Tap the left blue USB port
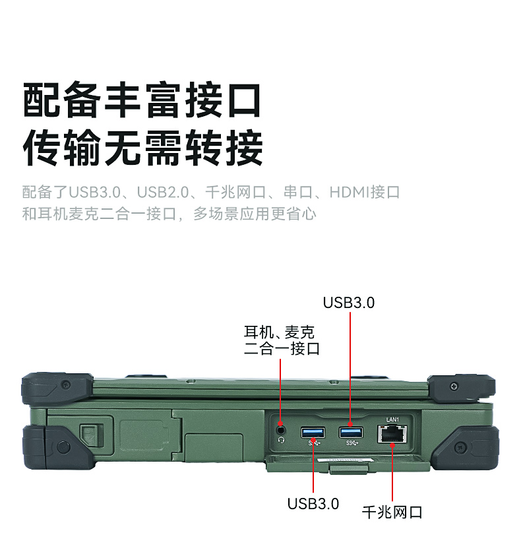(313, 433)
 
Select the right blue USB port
(351, 432)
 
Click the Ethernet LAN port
(392, 434)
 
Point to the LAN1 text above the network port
(392, 419)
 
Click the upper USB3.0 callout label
(348, 303)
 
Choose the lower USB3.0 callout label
(313, 504)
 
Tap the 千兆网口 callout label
(392, 512)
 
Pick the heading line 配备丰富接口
(142, 100)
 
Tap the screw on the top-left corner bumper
(65, 384)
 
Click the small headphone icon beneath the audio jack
(282, 440)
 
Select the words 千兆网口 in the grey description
(235, 193)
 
